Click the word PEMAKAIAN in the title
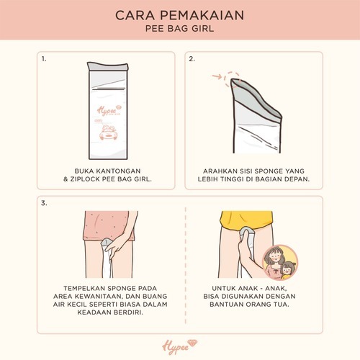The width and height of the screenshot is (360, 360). [202, 15]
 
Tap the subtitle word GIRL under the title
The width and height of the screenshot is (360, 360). [203, 29]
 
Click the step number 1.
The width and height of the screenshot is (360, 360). [44, 59]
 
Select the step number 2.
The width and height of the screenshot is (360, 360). [192, 59]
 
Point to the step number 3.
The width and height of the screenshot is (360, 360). [44, 203]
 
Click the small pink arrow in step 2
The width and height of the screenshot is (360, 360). [217, 77]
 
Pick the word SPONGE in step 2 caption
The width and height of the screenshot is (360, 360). [269, 171]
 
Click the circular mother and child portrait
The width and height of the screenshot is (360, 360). [280, 263]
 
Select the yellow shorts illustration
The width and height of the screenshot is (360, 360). [247, 220]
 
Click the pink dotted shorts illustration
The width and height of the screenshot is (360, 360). [110, 225]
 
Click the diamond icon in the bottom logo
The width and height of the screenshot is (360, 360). [192, 343]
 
